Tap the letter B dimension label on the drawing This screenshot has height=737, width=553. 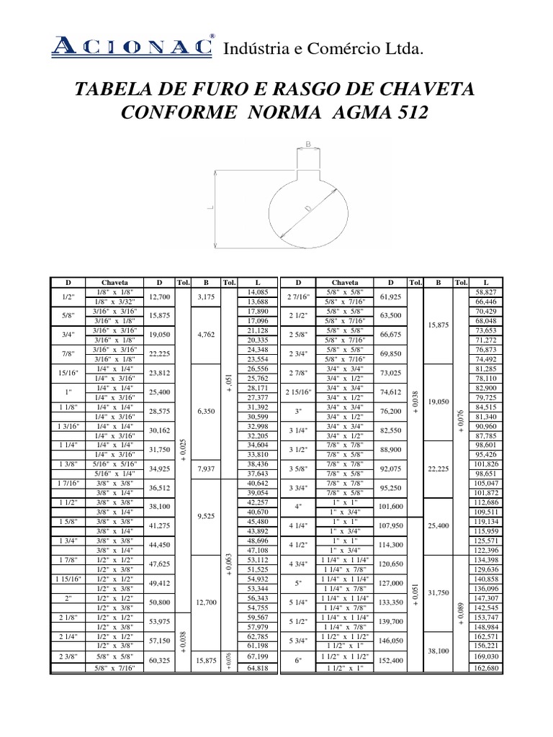pyautogui.click(x=308, y=144)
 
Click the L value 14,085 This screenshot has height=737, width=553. pyautogui.click(x=257, y=291)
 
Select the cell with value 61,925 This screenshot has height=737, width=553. pyautogui.click(x=389, y=296)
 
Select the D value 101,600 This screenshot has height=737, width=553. pyautogui.click(x=389, y=506)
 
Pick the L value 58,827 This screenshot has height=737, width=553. pyautogui.click(x=487, y=291)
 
